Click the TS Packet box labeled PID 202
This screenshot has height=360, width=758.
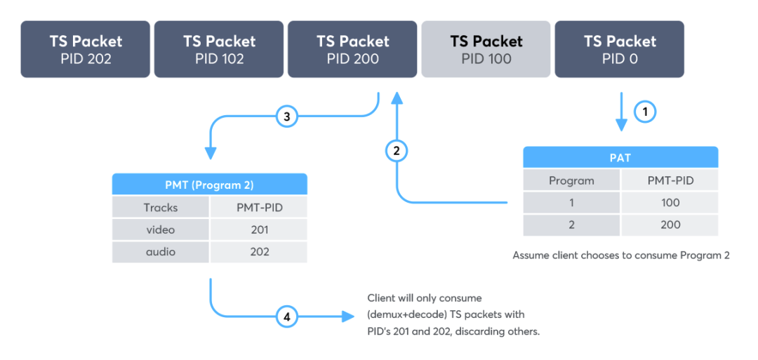86,49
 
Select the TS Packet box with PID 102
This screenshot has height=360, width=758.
219,49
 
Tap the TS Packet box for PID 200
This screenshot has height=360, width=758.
352,49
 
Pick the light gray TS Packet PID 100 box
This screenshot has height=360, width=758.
486,49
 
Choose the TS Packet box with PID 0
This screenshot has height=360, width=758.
620,49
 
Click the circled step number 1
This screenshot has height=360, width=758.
644,111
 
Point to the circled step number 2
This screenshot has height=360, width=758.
397,150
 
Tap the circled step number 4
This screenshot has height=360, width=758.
286,316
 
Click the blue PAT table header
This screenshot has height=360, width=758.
620,157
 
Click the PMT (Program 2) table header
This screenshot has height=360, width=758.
209,185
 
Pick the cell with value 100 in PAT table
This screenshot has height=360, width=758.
670,202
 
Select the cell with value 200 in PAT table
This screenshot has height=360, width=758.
670,225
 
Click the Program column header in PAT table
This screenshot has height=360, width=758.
571,180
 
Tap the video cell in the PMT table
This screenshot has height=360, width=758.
160,229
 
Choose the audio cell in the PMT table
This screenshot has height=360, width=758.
160,252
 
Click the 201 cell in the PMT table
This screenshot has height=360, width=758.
258,229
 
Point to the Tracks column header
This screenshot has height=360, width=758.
160,207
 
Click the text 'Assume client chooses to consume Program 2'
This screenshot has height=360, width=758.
620,255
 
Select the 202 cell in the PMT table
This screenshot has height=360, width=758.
258,252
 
